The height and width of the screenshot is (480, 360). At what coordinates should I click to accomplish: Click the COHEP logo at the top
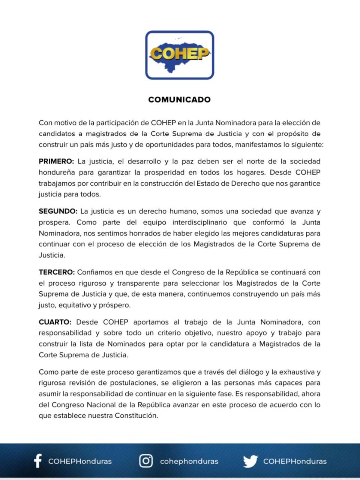[180, 55]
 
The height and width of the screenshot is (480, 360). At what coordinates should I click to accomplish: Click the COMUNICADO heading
[179, 100]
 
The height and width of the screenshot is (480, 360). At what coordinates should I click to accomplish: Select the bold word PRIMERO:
[56, 162]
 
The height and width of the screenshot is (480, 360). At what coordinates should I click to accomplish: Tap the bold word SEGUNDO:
[58, 211]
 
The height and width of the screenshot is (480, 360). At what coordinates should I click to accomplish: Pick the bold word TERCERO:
[57, 272]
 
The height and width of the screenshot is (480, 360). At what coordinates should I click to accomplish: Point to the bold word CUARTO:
[55, 322]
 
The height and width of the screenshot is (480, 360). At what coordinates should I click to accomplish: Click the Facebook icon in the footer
[37, 461]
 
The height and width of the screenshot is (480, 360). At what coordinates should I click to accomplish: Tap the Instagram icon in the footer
[146, 461]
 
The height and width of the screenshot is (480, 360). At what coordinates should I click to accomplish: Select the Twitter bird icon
[250, 461]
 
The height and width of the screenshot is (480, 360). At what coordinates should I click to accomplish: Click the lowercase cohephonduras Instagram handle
[189, 461]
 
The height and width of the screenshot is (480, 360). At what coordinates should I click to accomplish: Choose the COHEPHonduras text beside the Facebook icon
[80, 461]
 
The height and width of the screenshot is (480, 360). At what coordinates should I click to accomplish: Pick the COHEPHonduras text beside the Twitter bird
[295, 461]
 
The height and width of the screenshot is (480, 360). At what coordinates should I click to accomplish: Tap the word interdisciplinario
[199, 222]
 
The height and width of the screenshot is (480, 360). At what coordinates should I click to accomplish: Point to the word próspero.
[115, 305]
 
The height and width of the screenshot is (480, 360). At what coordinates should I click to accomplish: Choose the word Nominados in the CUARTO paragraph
[126, 344]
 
